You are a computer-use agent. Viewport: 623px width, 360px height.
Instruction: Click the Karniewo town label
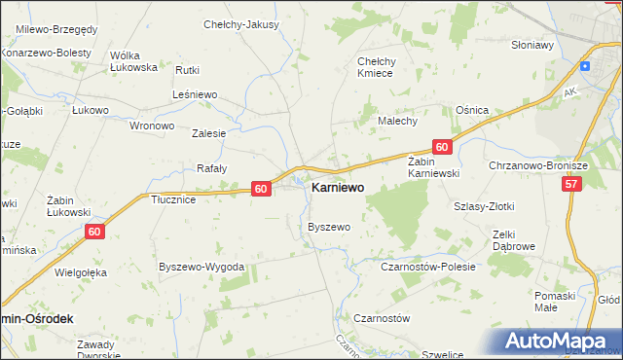click(338, 189)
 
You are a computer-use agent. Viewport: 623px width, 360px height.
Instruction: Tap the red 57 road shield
click(571, 183)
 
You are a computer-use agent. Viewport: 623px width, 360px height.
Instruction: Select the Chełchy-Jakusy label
click(240, 24)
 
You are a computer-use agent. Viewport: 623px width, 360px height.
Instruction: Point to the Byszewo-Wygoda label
click(201, 267)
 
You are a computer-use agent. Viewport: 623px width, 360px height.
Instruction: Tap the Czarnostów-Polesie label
click(420, 266)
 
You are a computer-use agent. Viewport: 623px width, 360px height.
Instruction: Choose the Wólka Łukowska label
click(134, 61)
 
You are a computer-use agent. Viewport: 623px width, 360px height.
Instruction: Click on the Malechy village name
click(397, 121)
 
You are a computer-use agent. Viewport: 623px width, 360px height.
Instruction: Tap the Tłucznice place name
click(174, 199)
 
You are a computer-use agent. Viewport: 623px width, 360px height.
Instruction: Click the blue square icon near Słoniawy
click(584, 66)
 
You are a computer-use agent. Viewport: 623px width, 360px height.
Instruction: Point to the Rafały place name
click(211, 168)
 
